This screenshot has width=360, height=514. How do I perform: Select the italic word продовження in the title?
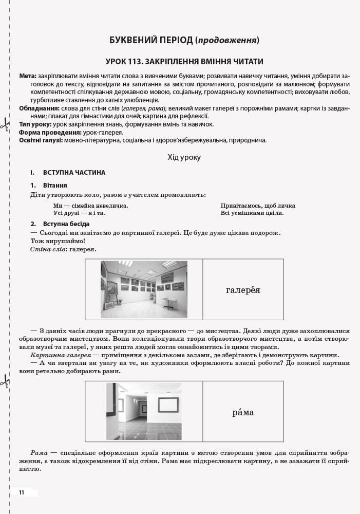pos(227,40)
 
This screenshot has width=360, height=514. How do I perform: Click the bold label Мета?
pos(28,76)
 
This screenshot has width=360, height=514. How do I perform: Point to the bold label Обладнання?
pos(39,108)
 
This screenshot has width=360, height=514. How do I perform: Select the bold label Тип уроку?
pos(35,124)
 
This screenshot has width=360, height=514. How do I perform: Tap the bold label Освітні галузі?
pos(41,140)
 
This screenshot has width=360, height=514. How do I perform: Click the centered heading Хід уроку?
pos(184,157)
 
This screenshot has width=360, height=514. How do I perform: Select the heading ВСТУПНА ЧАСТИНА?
pos(74,173)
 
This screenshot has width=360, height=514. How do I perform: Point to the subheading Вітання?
pos(55,185)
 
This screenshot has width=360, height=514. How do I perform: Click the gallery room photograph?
pos(144,289)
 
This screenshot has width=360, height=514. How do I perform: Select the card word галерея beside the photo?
pos(243,290)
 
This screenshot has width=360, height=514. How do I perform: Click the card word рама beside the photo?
pos(243,412)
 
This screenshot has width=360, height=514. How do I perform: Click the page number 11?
pos(22,492)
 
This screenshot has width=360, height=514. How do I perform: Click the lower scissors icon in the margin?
pos(5,381)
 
